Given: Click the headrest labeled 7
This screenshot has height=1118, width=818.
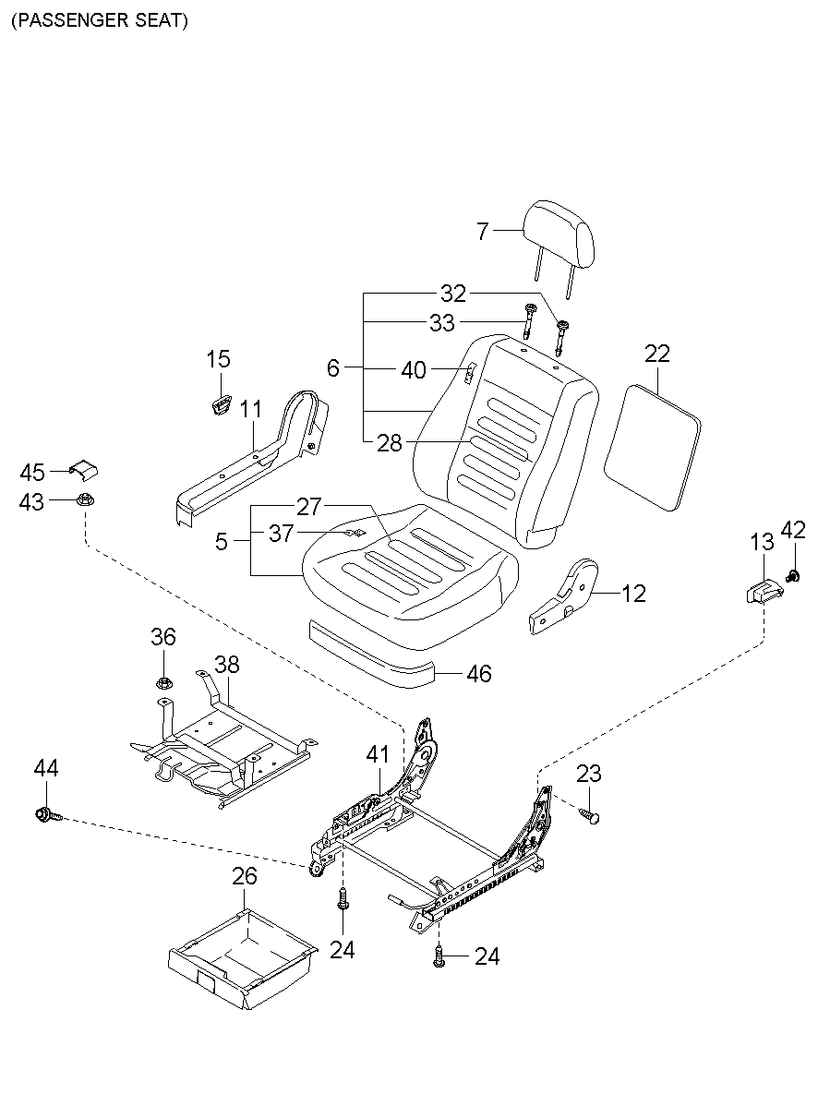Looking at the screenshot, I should (x=558, y=230).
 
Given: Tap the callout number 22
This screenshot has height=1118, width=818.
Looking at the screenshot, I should (x=657, y=355).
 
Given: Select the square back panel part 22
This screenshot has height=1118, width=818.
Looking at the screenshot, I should (x=652, y=447).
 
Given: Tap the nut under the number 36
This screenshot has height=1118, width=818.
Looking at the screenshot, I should (x=164, y=684).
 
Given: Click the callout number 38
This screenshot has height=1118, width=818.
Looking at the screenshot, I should (x=227, y=665).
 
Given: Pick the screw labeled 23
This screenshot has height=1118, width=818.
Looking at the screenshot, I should (x=591, y=815).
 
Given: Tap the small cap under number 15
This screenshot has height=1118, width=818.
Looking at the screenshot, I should (x=220, y=403).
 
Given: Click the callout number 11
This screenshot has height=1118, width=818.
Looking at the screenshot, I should (x=252, y=409).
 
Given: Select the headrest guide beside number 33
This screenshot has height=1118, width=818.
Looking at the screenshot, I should (x=530, y=320).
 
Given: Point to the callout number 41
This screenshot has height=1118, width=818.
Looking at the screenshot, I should (x=378, y=754).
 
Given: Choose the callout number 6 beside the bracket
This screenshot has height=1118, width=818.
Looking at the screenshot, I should (x=333, y=368).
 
